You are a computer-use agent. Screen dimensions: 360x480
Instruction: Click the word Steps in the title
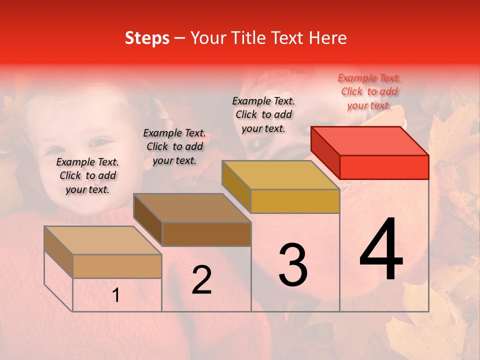(x=147, y=38)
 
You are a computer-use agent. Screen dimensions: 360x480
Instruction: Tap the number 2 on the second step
(x=201, y=280)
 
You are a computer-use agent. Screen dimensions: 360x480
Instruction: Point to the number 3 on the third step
(x=293, y=264)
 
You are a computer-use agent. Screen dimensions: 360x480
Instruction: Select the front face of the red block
(x=384, y=167)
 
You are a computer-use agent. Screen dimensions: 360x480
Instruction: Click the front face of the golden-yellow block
(x=295, y=201)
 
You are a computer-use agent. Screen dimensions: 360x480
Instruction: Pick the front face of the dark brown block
(x=206, y=234)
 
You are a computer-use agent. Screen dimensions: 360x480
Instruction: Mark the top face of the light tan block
(x=103, y=240)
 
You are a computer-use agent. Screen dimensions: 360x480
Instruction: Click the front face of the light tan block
(x=117, y=266)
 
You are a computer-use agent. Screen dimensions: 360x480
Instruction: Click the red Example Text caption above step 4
(x=369, y=91)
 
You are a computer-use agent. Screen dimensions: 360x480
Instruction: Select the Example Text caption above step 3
(x=263, y=114)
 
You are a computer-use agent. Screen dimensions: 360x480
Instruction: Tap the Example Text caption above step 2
(x=174, y=146)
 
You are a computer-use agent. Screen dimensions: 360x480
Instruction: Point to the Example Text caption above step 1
(x=87, y=175)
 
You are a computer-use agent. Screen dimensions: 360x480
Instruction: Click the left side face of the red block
(x=325, y=152)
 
